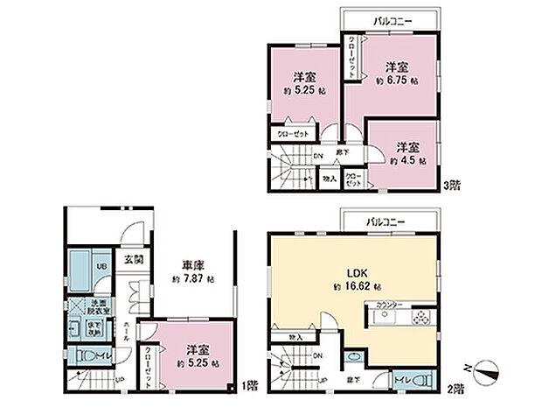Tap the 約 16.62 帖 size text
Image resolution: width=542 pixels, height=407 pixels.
pyautogui.click(x=354, y=286)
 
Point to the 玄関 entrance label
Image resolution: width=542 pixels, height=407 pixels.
pyautogui.click(x=133, y=260)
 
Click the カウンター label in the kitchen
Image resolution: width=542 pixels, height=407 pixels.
pyautogui.click(x=390, y=305)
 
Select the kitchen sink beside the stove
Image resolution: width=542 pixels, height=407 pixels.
pyautogui.click(x=387, y=318)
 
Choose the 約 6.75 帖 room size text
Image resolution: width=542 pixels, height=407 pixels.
pyautogui.click(x=396, y=81)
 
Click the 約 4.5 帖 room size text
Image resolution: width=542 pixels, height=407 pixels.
pyautogui.click(x=407, y=161)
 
